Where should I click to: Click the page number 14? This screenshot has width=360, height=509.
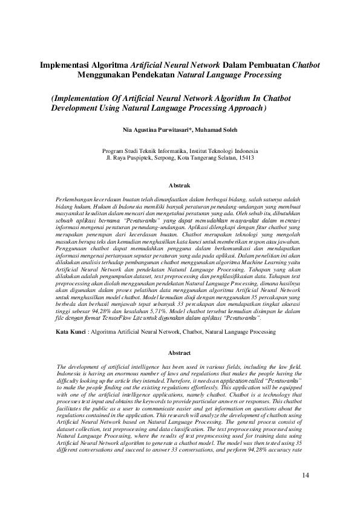coord(306,476)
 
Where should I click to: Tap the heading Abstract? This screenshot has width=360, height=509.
coord(180,353)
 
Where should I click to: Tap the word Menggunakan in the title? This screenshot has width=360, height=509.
coord(103,76)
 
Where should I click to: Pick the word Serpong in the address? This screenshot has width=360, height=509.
coord(161,157)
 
